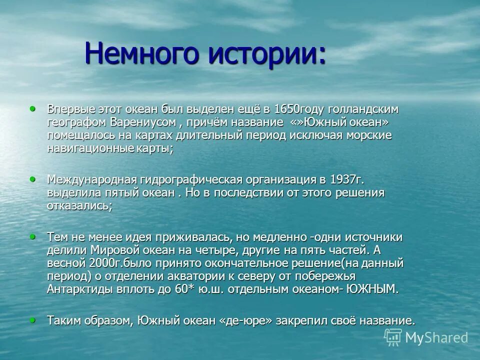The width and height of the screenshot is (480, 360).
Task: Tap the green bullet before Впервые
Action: (33, 108)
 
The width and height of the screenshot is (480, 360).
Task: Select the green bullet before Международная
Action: (33, 178)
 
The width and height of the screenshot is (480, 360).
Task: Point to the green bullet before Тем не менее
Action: (33, 235)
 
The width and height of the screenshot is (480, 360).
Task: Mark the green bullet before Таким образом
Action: (33, 318)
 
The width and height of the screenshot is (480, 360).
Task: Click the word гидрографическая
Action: (186, 179)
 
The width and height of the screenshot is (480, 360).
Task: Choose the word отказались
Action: (78, 206)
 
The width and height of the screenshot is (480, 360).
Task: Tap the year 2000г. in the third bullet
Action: (104, 263)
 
